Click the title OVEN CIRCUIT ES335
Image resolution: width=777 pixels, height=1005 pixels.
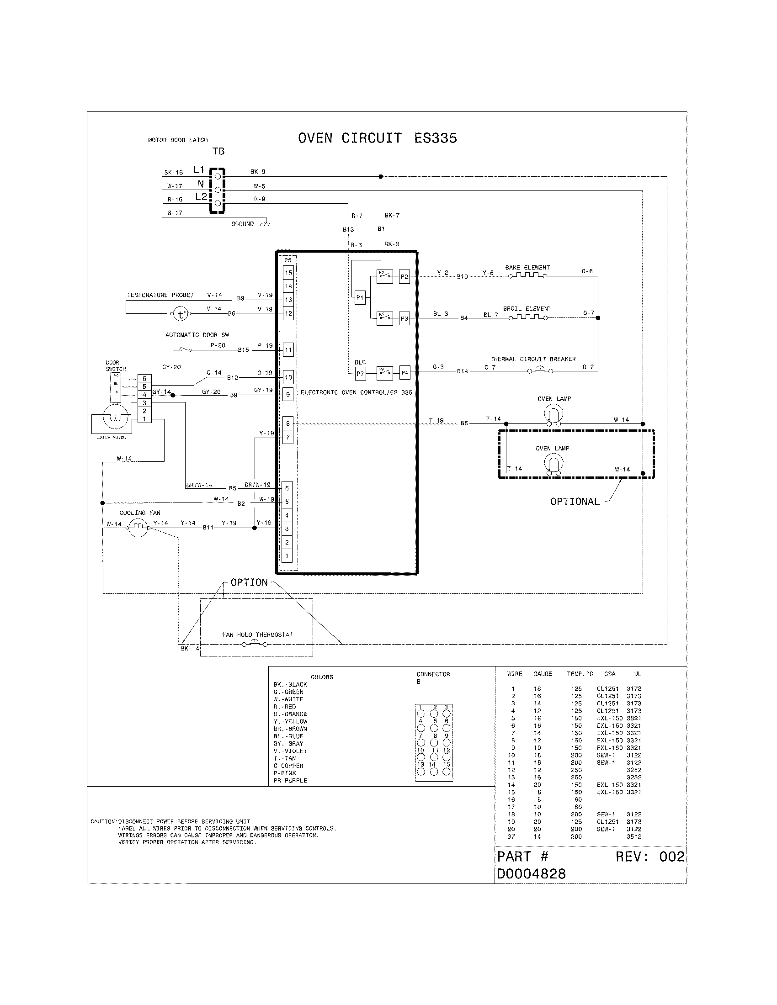[377, 138]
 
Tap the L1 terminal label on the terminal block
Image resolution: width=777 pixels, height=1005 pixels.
[199, 170]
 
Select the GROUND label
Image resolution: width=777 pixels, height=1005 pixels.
[242, 224]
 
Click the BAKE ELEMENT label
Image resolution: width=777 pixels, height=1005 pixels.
[527, 267]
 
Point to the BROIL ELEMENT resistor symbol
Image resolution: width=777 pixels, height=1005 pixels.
[527, 317]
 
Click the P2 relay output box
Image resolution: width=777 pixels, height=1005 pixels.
[404, 276]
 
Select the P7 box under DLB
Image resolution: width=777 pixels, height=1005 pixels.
[360, 374]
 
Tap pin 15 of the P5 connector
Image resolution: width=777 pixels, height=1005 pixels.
[288, 272]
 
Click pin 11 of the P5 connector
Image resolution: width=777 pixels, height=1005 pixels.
[288, 350]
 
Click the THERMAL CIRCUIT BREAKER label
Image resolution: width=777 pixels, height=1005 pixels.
[532, 359]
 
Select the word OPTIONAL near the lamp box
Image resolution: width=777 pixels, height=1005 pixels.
[575, 502]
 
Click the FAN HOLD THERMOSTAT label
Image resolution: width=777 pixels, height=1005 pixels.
[257, 635]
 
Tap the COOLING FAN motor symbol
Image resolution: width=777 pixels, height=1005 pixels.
[138, 528]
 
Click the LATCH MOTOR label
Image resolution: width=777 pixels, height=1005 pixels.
[112, 437]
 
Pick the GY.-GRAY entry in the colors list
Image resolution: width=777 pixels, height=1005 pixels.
[288, 744]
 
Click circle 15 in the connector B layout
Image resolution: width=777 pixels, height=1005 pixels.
[447, 772]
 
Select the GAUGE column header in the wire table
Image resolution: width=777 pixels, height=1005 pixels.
[542, 674]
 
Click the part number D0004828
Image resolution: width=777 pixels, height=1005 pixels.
[531, 874]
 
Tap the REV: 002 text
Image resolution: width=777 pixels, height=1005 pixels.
[649, 857]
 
